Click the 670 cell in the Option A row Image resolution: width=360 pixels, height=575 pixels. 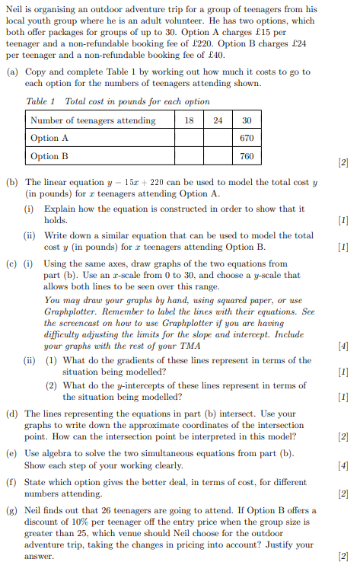point(246,138)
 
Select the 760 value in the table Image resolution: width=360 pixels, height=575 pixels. point(246,156)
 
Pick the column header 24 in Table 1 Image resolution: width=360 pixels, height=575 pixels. point(218,120)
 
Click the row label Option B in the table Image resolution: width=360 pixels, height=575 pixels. point(49,156)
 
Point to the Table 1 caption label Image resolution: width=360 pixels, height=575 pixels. point(41,101)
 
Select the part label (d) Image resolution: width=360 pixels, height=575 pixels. point(11,414)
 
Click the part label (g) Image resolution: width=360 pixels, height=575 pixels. point(11,510)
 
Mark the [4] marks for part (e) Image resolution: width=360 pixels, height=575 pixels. point(342,464)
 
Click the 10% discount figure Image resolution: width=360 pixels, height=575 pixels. point(99,520)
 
